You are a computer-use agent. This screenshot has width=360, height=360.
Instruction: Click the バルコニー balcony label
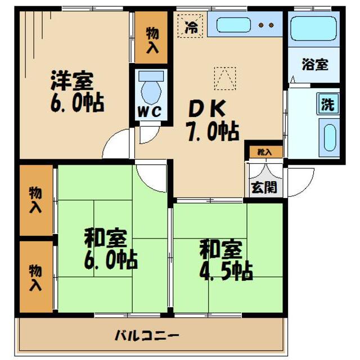(x=147, y=336)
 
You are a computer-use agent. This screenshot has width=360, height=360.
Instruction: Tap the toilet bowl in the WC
(x=150, y=90)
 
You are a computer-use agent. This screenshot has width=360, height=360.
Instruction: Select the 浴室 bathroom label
(x=314, y=65)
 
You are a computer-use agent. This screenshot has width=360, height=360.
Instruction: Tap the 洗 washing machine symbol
(x=327, y=104)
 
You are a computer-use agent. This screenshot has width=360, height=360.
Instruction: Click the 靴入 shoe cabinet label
(x=264, y=152)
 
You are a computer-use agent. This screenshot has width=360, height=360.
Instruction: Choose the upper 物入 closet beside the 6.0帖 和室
(x=35, y=200)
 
